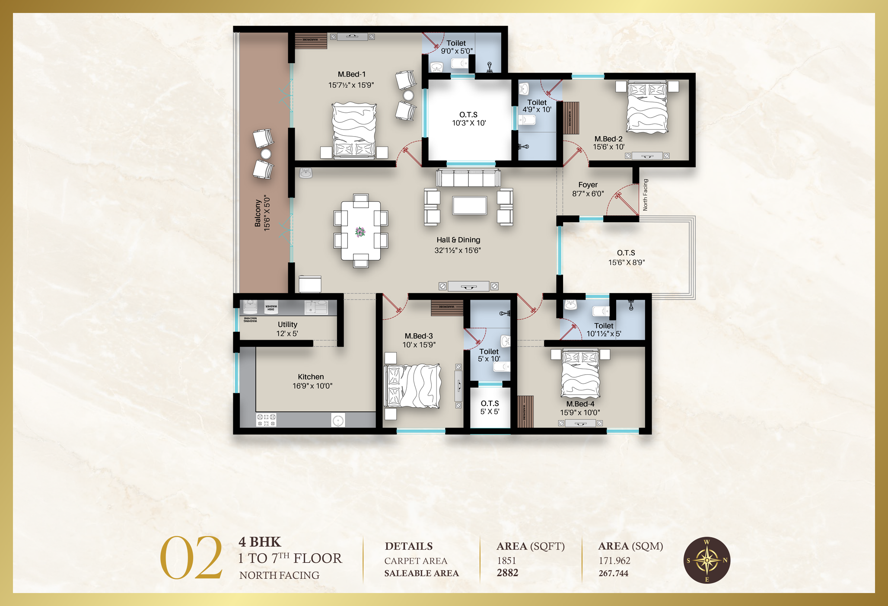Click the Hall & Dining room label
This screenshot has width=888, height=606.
click(x=458, y=240)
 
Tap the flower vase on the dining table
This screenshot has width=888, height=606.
click(x=360, y=232)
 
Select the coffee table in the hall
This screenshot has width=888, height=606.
click(x=470, y=205)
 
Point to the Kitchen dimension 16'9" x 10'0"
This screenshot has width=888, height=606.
click(x=312, y=386)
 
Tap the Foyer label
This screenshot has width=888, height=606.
click(x=588, y=185)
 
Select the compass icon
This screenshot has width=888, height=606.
click(x=707, y=560)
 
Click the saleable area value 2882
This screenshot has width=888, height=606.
click(x=507, y=573)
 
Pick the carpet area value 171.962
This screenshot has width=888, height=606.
click(x=614, y=561)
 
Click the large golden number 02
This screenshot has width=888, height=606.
click(x=191, y=558)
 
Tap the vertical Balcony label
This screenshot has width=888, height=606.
click(x=258, y=213)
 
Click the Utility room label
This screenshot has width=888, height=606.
click(x=287, y=324)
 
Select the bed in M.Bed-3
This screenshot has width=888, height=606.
click(x=413, y=386)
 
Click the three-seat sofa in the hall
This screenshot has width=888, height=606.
click(x=468, y=178)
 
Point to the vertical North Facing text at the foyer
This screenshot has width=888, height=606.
click(x=645, y=195)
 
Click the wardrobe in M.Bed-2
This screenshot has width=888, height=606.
click(x=570, y=118)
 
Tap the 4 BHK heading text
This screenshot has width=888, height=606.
click(x=260, y=542)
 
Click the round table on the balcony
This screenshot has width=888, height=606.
click(x=266, y=154)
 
